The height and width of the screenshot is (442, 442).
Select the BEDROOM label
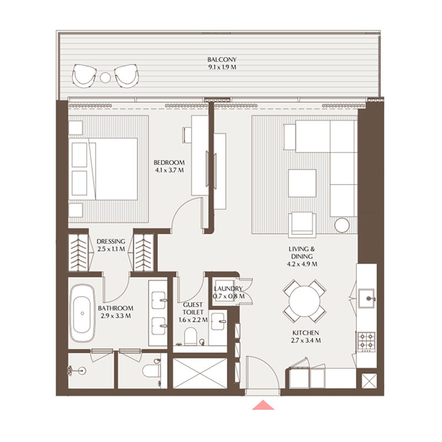pyautogui.click(x=169, y=162)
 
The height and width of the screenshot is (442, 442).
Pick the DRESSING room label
pyautogui.click(x=110, y=241)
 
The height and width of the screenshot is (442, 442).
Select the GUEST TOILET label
pyautogui.click(x=192, y=308)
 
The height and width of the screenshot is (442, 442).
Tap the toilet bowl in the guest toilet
pyautogui.click(x=191, y=335)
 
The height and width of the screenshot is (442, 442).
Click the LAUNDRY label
pyautogui.click(x=228, y=289)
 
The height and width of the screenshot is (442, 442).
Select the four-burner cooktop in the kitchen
pyautogui.click(x=365, y=340)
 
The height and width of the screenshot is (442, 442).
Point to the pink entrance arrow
pyautogui.click(x=264, y=405)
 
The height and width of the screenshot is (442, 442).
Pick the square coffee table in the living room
pyautogui.click(x=302, y=183)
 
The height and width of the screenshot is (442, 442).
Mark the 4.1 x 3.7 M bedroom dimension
pyautogui.click(x=169, y=170)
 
